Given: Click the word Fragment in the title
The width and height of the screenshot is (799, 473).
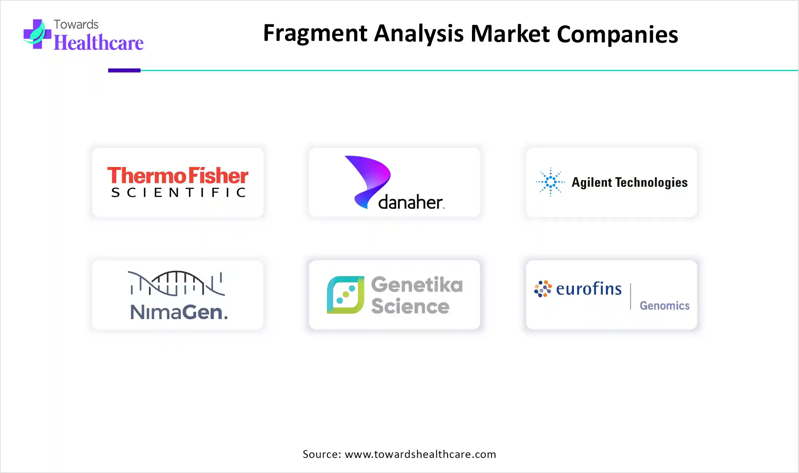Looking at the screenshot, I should coord(315,34).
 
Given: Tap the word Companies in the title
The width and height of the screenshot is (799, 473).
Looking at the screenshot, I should coord(617,35).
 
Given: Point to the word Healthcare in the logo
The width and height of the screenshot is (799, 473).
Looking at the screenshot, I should coord(99,43).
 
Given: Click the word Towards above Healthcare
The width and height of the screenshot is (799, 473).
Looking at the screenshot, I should coord(76,24).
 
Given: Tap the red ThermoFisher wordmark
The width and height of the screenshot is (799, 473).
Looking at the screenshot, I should coord(178,175).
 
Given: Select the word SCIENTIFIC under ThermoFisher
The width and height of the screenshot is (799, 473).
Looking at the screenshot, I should coord(178,192).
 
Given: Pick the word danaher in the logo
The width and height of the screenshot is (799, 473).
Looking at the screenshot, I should coord(410,202).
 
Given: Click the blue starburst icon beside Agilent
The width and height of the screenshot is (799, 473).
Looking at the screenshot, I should coord(550,182).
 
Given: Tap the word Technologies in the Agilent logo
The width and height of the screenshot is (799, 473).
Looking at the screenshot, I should coord(651,182).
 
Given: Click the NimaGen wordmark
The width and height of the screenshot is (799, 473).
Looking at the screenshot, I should coord(179,312).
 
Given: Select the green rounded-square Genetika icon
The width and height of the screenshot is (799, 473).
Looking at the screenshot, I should coord(345,295).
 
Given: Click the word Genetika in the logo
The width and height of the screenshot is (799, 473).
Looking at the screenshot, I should coord(417,285).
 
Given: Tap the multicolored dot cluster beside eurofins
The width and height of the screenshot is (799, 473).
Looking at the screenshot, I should coord(543,289).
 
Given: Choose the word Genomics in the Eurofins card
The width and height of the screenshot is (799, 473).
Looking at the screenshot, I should coord(664,306).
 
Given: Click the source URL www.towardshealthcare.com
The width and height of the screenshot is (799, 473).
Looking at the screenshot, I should coord(420,454).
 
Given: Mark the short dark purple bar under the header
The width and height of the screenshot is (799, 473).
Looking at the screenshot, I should coord(124,70).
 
